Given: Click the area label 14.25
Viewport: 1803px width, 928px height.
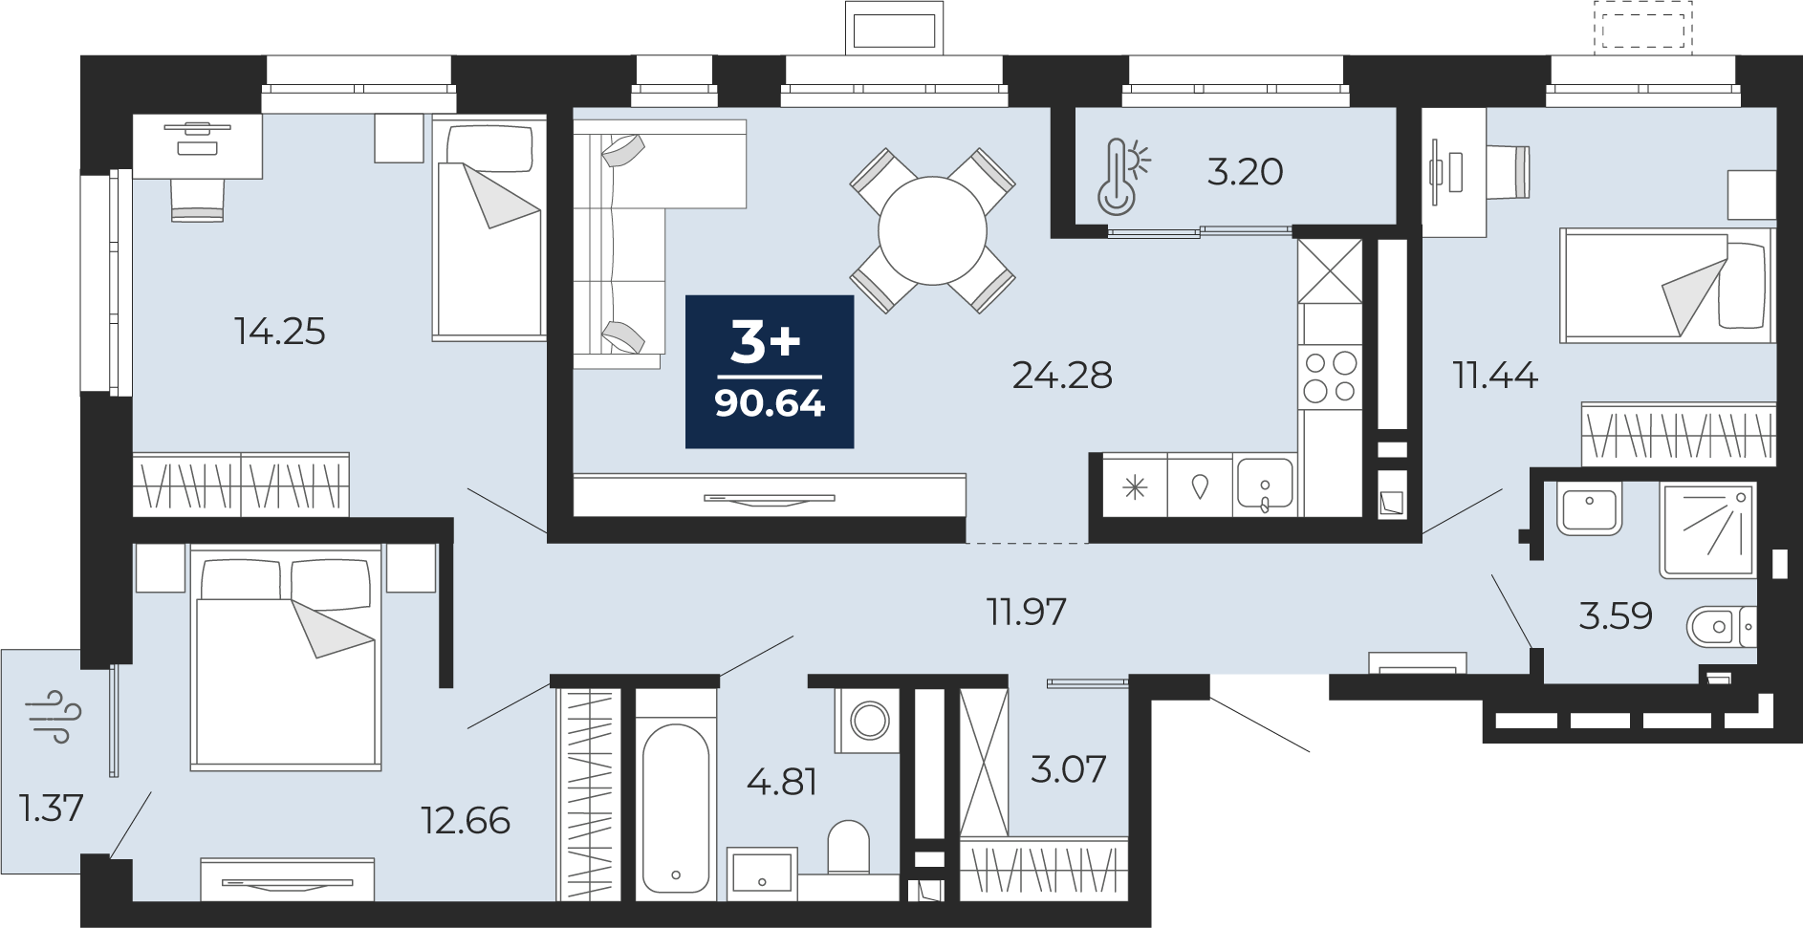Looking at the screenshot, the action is tap(279, 332).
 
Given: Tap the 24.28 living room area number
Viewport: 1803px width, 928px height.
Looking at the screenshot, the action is tap(1062, 376).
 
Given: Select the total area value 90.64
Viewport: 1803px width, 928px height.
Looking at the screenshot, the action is tap(770, 404).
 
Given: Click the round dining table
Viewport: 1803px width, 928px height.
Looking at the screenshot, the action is tap(932, 229).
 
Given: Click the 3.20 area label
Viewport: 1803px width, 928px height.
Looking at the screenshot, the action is tap(1245, 172).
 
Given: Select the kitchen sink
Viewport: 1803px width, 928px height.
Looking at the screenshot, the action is tap(1264, 486).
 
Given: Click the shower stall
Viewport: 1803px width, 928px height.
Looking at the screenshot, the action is tap(1708, 529).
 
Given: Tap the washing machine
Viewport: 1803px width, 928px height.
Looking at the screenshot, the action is tap(868, 719).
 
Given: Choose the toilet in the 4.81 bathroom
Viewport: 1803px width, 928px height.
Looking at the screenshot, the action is tap(848, 847).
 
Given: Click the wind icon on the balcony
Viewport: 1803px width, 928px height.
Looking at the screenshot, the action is tap(55, 717).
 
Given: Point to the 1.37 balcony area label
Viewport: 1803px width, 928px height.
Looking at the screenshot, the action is tap(52, 809).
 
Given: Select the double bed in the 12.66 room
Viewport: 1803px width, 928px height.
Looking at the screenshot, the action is tap(286, 657).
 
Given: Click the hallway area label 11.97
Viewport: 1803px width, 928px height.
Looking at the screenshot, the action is tap(1026, 612).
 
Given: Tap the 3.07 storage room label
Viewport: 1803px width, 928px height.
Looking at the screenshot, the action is tap(1068, 767).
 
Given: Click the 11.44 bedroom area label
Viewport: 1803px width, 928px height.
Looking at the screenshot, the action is tap(1495, 376).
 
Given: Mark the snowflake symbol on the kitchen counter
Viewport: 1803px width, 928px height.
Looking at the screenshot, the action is tap(1135, 487).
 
